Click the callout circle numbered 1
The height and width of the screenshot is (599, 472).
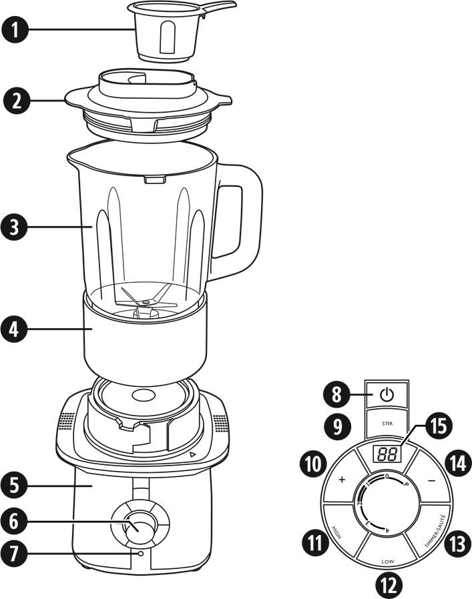click(x=15, y=29)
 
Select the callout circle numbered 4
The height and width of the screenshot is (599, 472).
click(x=15, y=329)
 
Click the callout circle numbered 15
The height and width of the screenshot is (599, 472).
click(x=438, y=426)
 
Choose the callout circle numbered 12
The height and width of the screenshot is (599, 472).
click(x=389, y=585)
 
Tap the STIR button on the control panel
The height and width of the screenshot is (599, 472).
click(x=387, y=423)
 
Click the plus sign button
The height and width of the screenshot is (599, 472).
click(x=342, y=480)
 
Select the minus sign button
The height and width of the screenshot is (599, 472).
click(x=432, y=480)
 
